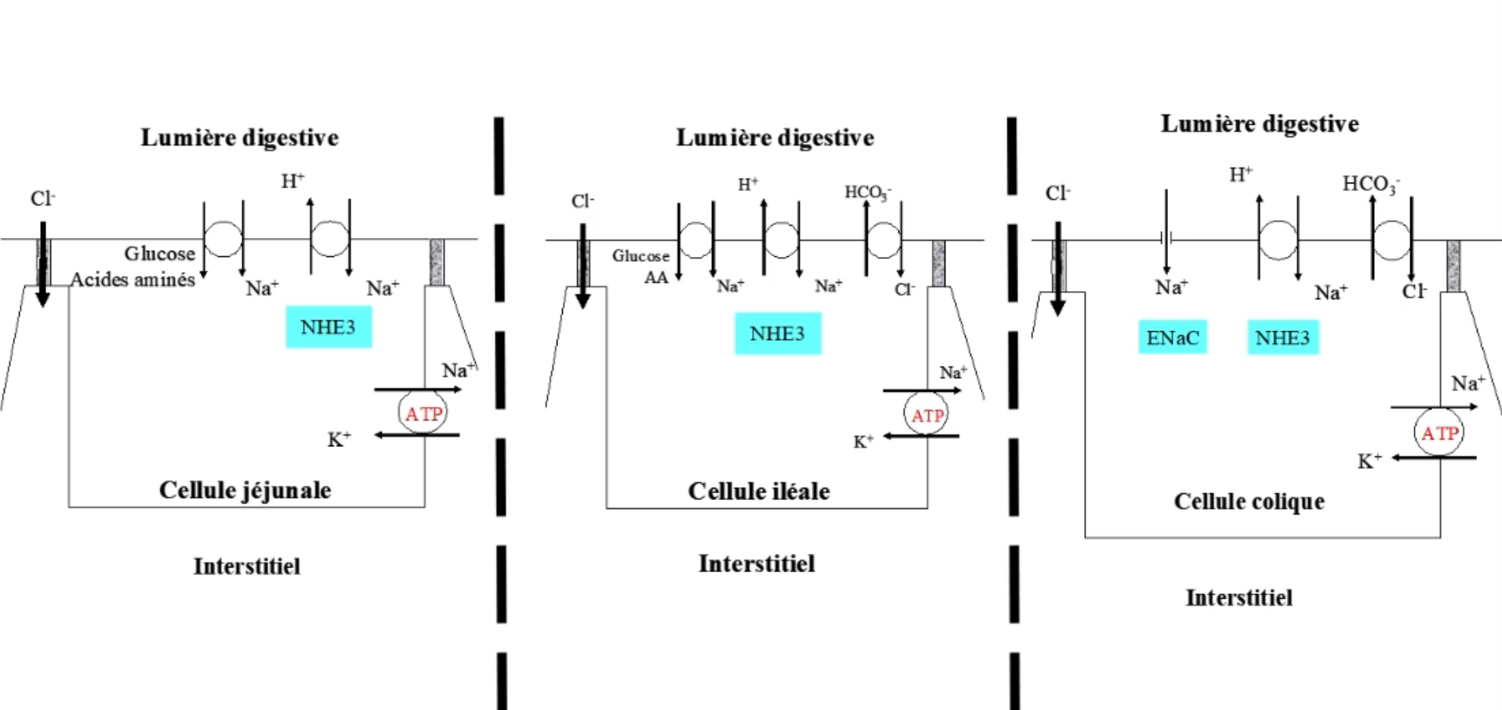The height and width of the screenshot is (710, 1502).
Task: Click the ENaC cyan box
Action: (1172, 337)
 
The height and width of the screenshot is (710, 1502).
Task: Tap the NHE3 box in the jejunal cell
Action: (328, 327)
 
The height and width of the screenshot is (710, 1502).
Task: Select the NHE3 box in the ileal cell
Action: (777, 333)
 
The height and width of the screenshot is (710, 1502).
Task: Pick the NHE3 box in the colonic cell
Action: (1282, 337)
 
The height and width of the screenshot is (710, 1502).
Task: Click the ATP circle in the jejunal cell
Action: (423, 414)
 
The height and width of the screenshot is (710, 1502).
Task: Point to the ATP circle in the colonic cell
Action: (1439, 433)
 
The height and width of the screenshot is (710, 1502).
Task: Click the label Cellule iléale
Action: (758, 491)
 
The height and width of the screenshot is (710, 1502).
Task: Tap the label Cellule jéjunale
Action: (245, 489)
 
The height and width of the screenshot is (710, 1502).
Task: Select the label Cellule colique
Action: (1249, 501)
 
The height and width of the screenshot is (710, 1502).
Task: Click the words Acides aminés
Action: (133, 280)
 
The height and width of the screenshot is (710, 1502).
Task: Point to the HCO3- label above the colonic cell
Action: (1371, 184)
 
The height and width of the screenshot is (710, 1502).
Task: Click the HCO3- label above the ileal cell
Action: (867, 192)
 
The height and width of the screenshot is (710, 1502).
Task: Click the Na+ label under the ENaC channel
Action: (1171, 287)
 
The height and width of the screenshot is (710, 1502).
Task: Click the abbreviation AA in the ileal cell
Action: (656, 277)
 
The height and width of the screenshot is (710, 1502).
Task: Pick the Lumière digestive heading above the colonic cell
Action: (1260, 124)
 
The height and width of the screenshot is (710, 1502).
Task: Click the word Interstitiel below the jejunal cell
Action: (247, 566)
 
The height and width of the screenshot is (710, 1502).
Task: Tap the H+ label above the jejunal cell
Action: (292, 181)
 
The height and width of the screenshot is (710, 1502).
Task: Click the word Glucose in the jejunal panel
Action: (160, 253)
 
